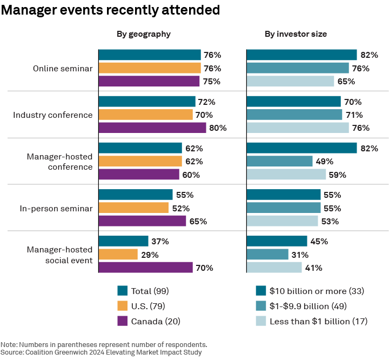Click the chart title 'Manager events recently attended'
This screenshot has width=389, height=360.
[x=110, y=10]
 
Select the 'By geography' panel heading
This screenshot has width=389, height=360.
[x=144, y=34]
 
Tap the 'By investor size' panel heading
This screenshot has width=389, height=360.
[x=296, y=34]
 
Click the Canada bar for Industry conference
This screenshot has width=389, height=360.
[x=152, y=128]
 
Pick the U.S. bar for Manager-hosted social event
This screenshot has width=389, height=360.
[x=118, y=255]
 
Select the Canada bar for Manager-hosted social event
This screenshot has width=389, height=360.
[x=145, y=268]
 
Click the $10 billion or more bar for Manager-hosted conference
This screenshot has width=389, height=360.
[x=301, y=148]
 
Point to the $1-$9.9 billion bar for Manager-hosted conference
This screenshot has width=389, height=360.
[x=279, y=161]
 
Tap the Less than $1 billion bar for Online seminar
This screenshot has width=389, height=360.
[x=290, y=82]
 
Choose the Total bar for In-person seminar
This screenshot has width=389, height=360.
[x=136, y=195]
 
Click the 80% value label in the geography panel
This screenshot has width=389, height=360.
[x=218, y=128]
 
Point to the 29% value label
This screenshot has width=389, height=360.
[x=150, y=255]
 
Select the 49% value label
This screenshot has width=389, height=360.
[x=324, y=161]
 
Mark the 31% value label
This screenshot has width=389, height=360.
[x=300, y=255]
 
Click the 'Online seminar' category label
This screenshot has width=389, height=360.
[x=63, y=69]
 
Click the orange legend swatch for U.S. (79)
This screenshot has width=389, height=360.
[x=122, y=306]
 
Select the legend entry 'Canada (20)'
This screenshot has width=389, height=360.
[x=156, y=321]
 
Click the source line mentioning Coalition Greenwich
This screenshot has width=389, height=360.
[x=101, y=352]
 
